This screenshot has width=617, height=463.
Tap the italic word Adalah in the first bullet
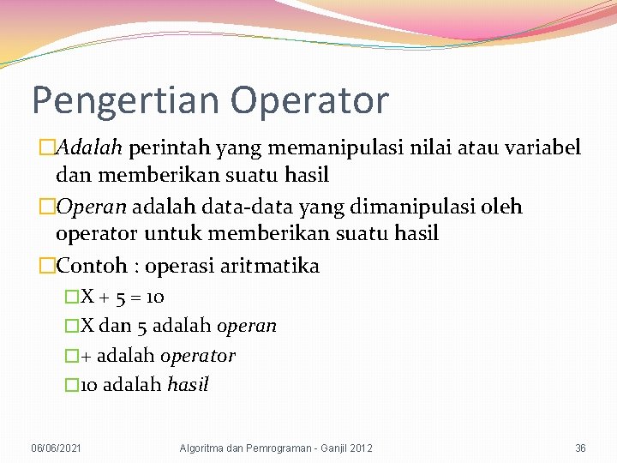[x=90, y=148]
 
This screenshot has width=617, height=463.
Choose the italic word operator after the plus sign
[x=198, y=356]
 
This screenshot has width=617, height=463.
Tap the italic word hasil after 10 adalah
[x=188, y=385]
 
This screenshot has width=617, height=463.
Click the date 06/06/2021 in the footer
[x=57, y=448]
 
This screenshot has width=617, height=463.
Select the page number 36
[x=580, y=448]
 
